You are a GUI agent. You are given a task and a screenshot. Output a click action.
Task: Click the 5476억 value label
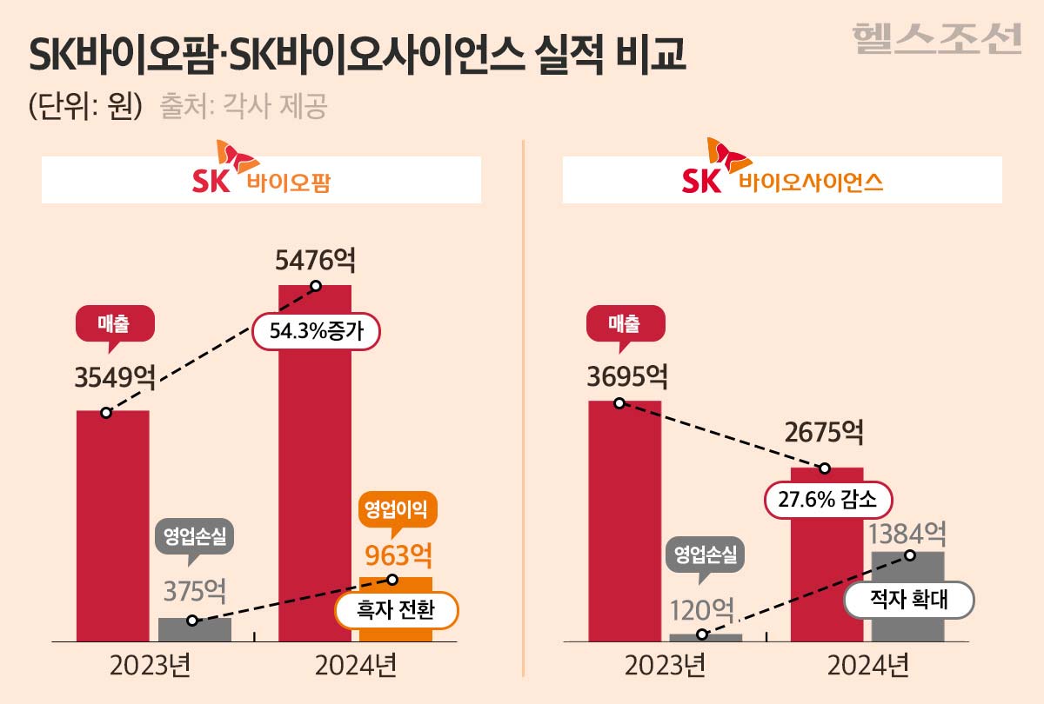coord(315,260)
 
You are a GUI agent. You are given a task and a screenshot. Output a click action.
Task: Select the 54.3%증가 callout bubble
coord(316,331)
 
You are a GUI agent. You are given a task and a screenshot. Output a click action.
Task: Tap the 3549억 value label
coord(115,379)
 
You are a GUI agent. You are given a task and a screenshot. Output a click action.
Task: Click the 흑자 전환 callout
coord(396,611)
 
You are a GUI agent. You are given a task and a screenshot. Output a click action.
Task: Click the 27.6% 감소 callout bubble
coord(829,500)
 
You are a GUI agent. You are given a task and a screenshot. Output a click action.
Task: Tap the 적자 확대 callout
coord(908,600)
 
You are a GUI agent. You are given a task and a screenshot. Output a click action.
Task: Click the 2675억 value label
coord(825,432)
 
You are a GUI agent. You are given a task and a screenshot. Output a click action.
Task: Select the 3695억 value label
coord(627,377)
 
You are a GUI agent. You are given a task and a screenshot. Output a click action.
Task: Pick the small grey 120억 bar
coord(706,637)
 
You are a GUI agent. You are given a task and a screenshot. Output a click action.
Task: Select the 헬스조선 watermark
coord(936,38)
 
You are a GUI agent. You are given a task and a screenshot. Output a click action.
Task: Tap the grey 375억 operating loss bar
coord(195,629)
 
